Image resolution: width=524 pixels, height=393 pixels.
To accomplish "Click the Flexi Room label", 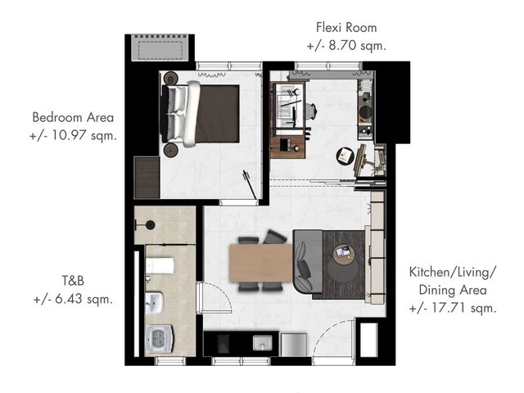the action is click(346, 27).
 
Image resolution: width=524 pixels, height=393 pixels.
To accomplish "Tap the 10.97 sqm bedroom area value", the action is click(73, 136).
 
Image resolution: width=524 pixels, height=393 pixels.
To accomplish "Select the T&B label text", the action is click(73, 281).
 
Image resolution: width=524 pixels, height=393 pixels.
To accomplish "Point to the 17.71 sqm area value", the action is click(453, 308).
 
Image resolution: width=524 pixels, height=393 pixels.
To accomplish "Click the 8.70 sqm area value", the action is click(346, 46).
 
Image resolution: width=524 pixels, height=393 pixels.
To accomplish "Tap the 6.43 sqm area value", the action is click(73, 299).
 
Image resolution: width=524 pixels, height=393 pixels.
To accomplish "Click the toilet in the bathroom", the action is click(160, 266).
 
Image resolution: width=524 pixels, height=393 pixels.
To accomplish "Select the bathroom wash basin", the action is click(155, 303).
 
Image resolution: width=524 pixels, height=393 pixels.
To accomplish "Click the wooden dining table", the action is click(261, 263).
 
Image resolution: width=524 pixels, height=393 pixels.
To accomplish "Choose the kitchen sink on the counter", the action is click(262, 343).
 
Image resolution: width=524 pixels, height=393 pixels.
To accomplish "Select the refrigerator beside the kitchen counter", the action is click(294, 345).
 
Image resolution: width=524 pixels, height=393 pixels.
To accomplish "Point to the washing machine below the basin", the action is click(160, 339).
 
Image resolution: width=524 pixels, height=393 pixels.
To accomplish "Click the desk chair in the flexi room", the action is click(311, 111).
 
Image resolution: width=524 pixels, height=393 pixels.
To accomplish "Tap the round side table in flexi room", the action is click(346, 156).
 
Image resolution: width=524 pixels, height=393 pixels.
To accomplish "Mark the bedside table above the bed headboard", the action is click(171, 79).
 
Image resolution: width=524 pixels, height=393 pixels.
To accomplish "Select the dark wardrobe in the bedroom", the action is click(147, 178).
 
